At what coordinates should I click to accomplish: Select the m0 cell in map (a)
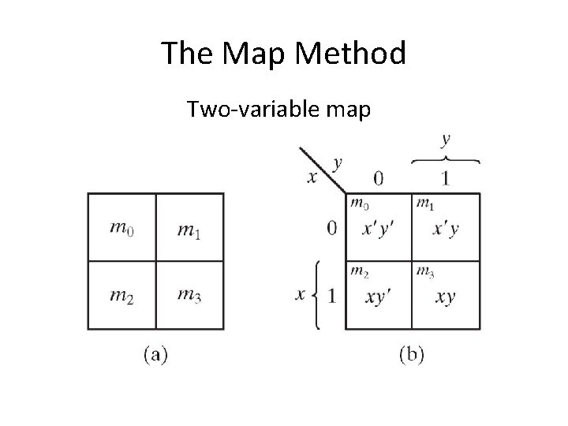tap(122, 229)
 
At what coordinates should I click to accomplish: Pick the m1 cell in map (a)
tap(189, 229)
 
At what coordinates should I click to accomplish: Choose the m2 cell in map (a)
tap(122, 295)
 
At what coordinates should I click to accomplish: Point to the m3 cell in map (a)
tap(189, 295)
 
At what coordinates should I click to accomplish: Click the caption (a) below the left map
tap(156, 354)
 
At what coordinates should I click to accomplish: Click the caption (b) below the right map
tap(411, 354)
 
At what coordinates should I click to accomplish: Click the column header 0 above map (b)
tap(379, 179)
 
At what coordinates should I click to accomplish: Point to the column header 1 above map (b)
tap(446, 179)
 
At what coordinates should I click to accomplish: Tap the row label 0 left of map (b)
tap(332, 229)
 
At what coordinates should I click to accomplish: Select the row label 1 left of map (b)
tap(332, 297)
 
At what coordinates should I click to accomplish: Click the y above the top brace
tap(447, 140)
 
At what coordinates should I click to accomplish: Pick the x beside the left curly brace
tap(300, 296)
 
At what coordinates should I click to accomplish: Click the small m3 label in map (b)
tap(425, 272)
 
